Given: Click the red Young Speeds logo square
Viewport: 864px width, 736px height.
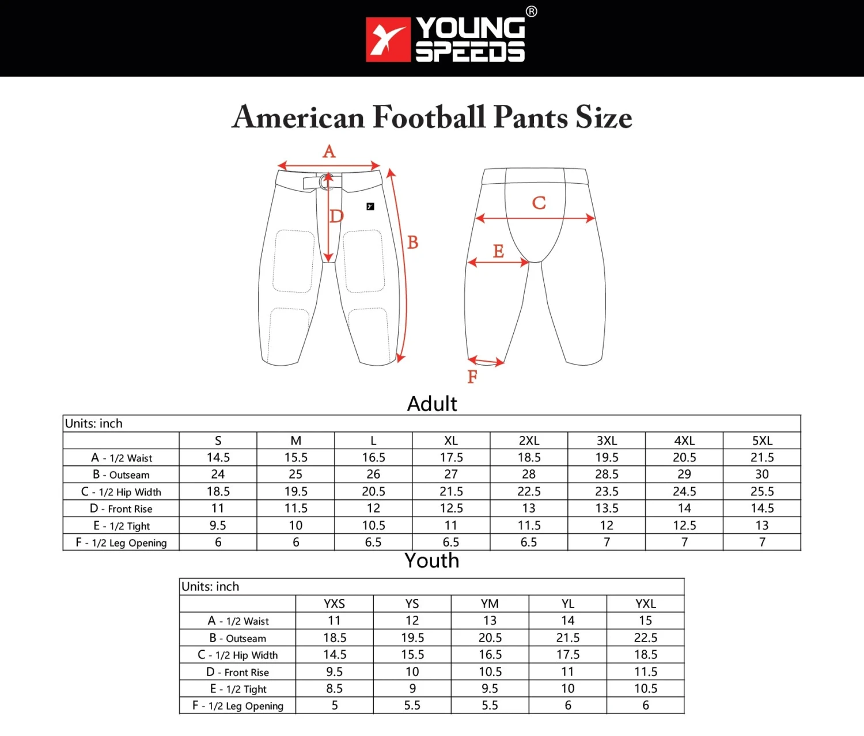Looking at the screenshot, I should [388, 39].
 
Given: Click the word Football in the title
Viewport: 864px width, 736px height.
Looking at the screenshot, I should [429, 117].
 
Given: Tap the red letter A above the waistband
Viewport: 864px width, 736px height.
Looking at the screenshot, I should [329, 151].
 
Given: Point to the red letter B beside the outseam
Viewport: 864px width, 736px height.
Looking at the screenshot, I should [412, 242].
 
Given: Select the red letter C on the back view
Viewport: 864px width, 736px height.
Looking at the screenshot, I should [539, 203].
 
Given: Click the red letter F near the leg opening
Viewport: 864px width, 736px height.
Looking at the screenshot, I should [472, 377].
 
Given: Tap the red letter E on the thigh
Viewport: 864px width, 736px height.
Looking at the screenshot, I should [498, 251].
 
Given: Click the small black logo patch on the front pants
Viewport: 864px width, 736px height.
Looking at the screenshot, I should [370, 206].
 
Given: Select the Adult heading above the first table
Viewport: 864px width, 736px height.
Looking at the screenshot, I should [432, 404].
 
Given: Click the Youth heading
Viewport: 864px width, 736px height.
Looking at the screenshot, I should [432, 560].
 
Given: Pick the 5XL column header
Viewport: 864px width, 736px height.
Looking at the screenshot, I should [762, 441].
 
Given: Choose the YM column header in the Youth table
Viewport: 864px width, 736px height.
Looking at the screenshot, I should [490, 604].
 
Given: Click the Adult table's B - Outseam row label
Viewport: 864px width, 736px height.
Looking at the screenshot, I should [121, 475].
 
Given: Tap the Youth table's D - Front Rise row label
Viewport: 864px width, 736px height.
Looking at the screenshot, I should [237, 672].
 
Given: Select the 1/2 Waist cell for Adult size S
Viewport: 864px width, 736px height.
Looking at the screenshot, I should [218, 457].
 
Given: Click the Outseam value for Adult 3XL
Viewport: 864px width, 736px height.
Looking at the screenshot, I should [607, 474].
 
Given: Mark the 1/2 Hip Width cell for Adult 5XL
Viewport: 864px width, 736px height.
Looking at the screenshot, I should [762, 491].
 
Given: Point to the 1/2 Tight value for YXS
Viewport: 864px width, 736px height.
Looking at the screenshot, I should [334, 688].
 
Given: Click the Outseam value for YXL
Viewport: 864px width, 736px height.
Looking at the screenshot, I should [645, 638].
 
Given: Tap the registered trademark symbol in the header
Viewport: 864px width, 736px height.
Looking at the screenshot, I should [531, 12].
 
